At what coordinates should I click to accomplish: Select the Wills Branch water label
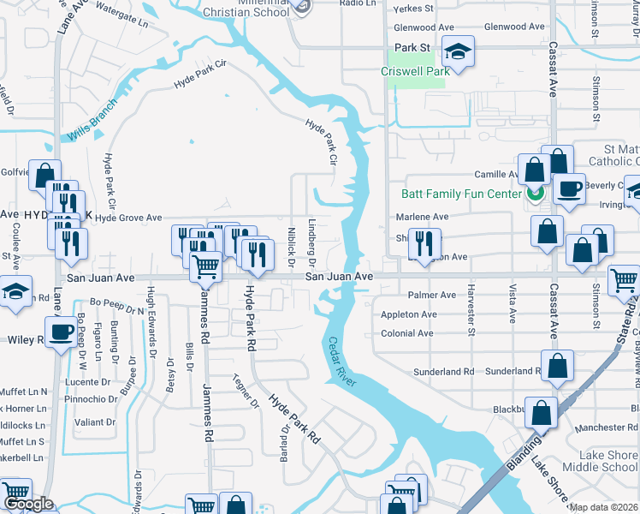click(92, 126)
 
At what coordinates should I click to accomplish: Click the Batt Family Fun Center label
click(461, 194)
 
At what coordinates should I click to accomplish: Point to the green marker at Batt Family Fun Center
click(535, 194)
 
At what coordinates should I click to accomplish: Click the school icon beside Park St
click(458, 51)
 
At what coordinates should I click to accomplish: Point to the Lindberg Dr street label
click(312, 243)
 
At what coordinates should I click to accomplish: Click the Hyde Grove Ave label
click(128, 218)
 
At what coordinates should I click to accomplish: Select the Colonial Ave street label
click(409, 334)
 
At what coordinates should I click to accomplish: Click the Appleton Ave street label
click(409, 314)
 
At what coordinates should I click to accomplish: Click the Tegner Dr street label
click(246, 391)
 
